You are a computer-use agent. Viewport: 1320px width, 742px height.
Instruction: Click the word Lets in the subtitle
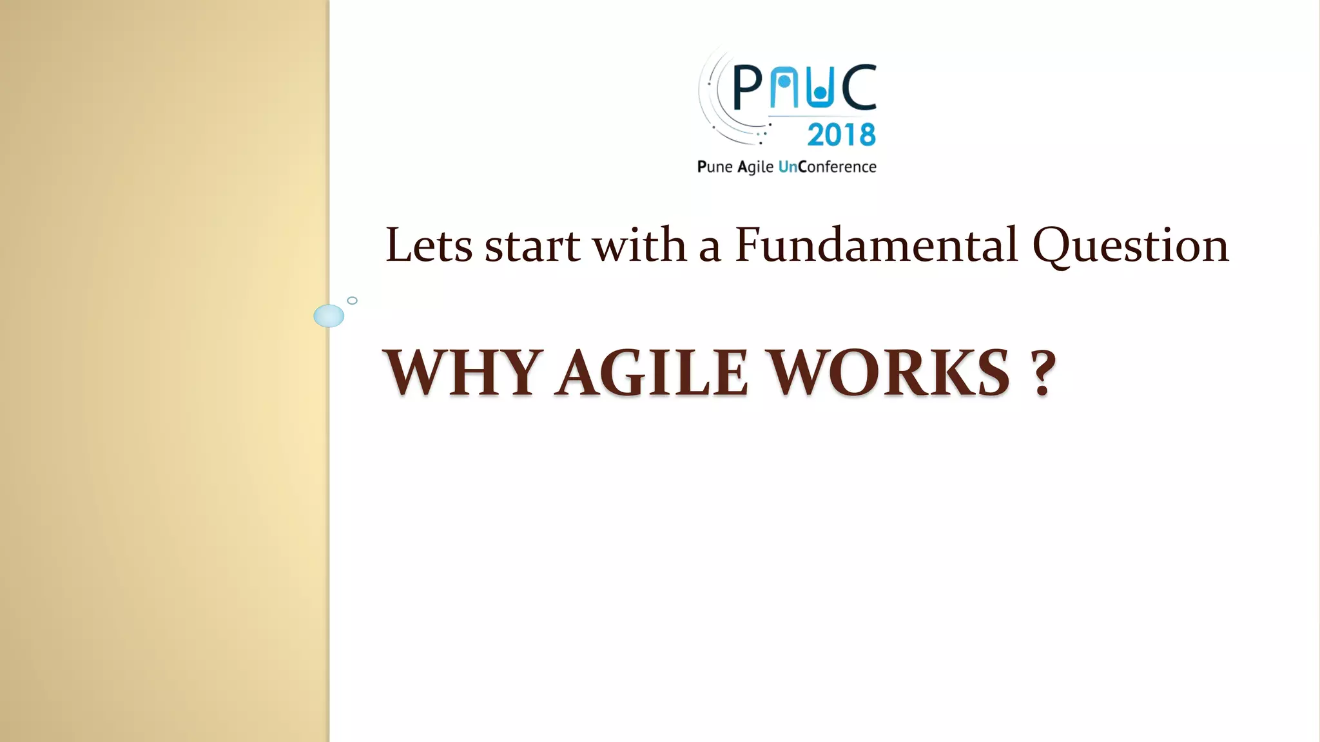coord(429,245)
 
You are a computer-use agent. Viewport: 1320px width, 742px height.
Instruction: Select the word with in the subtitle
coord(639,245)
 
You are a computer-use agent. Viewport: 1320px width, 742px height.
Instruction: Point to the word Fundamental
coord(876,245)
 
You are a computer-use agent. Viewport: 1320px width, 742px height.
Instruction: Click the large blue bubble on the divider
coord(329,316)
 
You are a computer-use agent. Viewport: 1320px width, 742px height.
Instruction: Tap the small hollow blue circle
coord(352,300)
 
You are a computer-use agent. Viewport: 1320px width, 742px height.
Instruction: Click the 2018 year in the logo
coord(841,135)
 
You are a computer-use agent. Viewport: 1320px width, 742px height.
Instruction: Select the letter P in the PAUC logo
coord(748,88)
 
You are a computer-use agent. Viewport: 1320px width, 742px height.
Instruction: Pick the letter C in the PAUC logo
coord(859,87)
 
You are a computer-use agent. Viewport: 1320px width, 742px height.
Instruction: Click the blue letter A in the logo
coord(783,87)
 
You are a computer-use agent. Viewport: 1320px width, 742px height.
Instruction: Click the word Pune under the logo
coord(715,167)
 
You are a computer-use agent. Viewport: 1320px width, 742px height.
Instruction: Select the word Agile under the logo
coord(755,167)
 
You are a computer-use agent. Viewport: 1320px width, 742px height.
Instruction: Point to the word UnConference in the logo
coord(828,167)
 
